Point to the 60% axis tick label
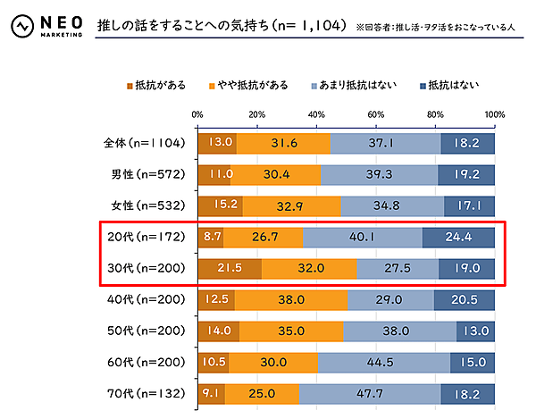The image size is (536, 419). point(375,114)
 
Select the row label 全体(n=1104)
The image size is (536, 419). point(144,142)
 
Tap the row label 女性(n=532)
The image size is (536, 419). point(144,205)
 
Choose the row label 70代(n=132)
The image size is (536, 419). point(144,393)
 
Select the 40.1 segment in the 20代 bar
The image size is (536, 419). point(363,237)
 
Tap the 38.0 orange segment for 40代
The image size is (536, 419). point(290,299)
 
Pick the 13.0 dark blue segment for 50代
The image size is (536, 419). point(474,331)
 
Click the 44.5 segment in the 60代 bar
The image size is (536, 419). point(383,362)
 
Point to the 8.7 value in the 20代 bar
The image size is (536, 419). point(212,237)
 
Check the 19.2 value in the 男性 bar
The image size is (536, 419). point(466,173)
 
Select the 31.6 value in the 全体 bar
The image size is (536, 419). point(283,142)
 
